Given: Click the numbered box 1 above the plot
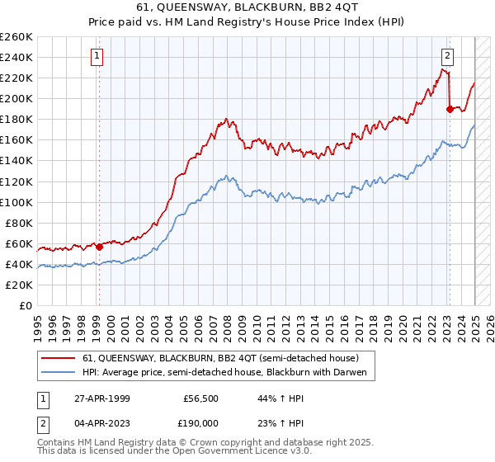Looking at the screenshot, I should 97,56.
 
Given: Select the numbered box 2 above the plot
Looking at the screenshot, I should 447,56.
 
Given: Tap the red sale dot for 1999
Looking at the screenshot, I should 99,246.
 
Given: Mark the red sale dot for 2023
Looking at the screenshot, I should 450,108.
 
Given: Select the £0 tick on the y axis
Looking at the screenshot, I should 26,305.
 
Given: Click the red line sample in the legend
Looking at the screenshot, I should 59,359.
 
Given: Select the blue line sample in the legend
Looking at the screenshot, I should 59,373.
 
